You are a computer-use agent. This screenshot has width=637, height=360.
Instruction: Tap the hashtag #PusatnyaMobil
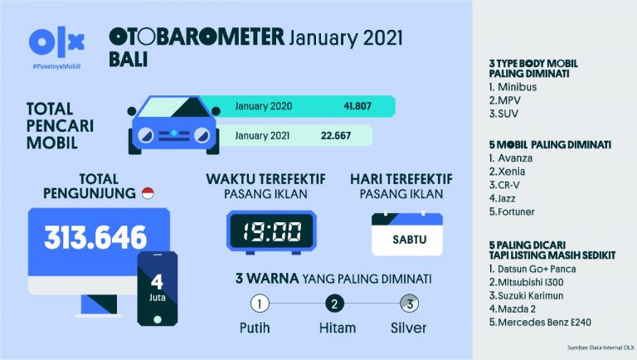tap(56, 65)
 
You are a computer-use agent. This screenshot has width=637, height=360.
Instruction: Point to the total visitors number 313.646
tap(95, 238)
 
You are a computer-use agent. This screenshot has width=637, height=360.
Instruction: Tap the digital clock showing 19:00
tap(271, 231)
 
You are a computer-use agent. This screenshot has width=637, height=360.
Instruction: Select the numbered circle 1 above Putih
tap(260, 303)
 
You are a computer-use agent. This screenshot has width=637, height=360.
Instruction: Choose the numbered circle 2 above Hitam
tap(335, 303)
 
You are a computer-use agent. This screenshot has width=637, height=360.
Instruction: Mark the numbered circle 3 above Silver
tap(408, 303)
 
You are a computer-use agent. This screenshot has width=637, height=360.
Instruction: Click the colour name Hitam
tap(337, 328)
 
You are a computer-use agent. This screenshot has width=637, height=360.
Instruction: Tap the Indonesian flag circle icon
tap(149, 194)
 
